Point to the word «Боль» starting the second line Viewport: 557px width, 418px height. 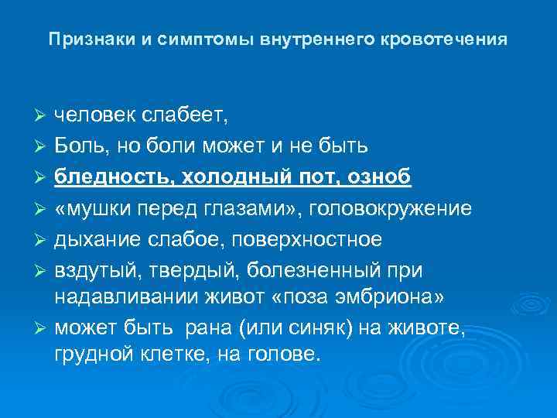click(79, 146)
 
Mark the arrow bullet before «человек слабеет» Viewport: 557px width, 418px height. click(42, 116)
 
